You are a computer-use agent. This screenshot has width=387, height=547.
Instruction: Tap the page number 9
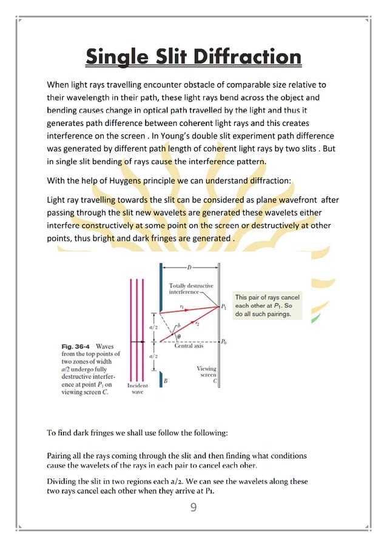point(193,506)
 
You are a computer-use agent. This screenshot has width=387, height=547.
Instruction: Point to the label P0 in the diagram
point(224,342)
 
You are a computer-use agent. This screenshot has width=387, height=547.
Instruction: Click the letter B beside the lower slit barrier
point(166,380)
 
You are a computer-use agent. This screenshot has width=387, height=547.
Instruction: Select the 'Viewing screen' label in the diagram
point(206,372)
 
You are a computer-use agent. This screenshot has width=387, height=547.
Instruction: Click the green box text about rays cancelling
point(267,306)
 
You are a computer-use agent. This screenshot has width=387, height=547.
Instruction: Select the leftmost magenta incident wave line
point(130,330)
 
